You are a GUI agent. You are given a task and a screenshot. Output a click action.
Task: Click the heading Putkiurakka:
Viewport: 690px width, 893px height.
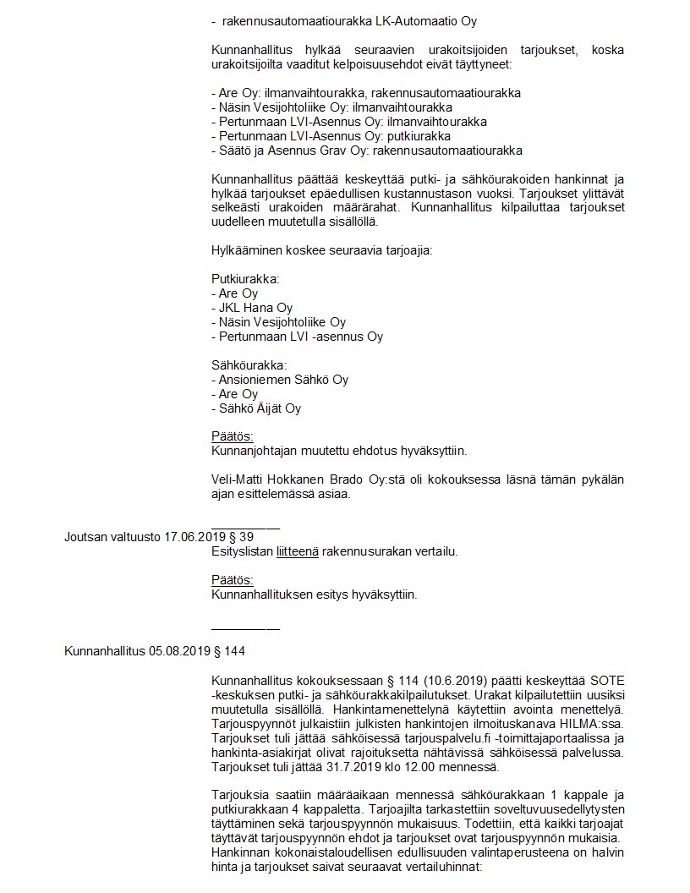(245, 278)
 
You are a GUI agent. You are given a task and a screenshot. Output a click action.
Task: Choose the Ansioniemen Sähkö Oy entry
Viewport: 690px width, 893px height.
(279, 380)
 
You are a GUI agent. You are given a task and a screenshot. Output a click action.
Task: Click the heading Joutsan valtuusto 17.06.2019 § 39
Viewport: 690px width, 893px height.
(159, 537)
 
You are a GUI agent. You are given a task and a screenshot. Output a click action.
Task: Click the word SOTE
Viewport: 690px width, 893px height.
(606, 682)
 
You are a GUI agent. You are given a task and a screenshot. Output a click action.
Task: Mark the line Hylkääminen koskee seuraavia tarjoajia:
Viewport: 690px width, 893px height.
(321, 250)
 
